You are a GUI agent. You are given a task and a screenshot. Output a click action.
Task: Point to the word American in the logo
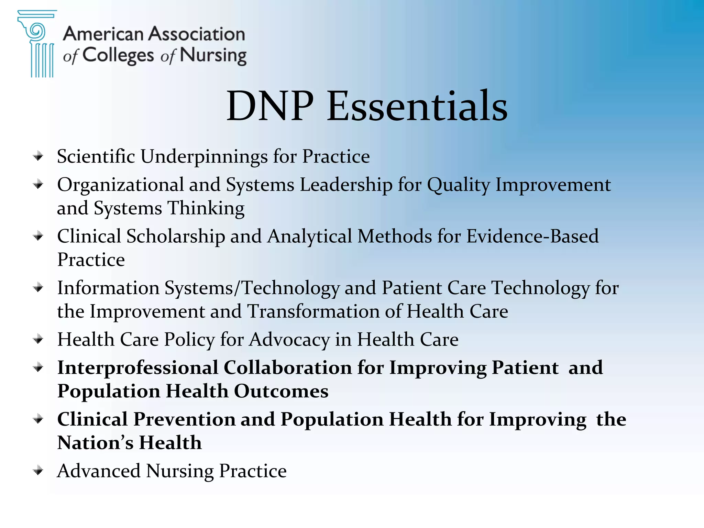(x=103, y=34)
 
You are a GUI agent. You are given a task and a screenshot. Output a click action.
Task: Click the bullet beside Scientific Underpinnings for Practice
(x=38, y=156)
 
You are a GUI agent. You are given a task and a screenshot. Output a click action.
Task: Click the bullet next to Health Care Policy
(x=38, y=340)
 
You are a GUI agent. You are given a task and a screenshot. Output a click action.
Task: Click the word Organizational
(x=121, y=185)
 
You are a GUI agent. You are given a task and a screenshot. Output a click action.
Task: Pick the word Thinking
(x=206, y=208)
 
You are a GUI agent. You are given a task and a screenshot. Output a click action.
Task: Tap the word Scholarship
(x=176, y=236)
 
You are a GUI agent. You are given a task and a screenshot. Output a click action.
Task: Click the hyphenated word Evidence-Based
(x=532, y=236)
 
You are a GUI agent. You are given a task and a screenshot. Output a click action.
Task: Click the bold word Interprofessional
(x=138, y=368)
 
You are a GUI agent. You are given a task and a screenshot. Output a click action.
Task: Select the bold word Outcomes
(x=281, y=391)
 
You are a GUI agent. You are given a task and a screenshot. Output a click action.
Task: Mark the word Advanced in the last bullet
(x=99, y=471)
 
